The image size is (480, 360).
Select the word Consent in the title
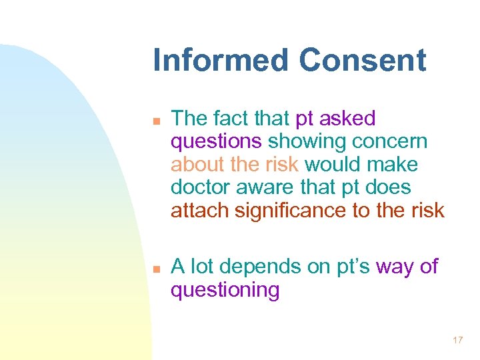(362, 60)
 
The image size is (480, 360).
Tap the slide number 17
(457, 341)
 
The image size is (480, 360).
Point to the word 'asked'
(347, 119)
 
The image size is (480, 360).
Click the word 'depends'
(259, 267)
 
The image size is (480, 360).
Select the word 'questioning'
(225, 291)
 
